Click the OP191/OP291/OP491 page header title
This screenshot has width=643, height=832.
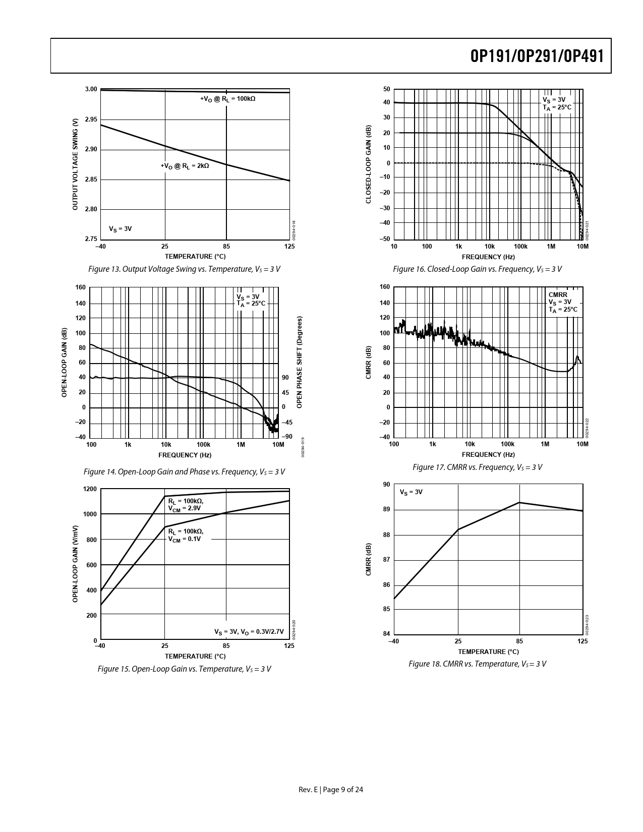(537, 56)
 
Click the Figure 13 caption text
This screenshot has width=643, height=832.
(184, 269)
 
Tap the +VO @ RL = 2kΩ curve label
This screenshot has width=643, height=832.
(185, 165)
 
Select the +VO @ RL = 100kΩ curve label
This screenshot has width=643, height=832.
(227, 99)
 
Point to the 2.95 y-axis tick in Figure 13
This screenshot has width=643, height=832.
(91, 120)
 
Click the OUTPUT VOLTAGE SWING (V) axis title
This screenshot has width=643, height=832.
(75, 164)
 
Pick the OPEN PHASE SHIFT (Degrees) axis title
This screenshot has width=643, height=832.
(300, 363)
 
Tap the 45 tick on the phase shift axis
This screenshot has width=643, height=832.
(285, 393)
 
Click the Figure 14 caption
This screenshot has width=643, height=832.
(184, 472)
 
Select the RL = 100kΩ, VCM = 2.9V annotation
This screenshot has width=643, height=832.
(186, 504)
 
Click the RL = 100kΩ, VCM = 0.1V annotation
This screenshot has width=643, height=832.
(186, 535)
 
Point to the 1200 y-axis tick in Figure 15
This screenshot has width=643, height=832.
(90, 490)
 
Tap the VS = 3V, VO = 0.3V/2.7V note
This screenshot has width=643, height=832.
(249, 632)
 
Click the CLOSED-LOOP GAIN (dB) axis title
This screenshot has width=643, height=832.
(368, 164)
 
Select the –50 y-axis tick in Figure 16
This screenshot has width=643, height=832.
(385, 239)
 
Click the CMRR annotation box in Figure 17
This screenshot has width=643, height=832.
(563, 302)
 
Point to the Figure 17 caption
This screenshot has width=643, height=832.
(477, 467)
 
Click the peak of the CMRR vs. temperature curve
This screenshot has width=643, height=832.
(519, 503)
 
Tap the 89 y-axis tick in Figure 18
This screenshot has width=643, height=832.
(386, 510)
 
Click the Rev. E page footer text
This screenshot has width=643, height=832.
(331, 790)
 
